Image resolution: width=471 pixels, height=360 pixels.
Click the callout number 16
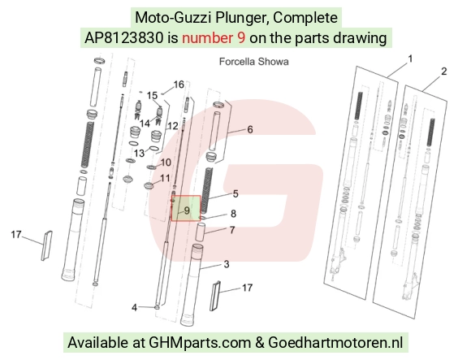click(x=179, y=85)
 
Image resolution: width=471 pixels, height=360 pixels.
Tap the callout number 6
click(x=250, y=129)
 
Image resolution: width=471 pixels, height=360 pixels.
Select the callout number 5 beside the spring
click(x=235, y=194)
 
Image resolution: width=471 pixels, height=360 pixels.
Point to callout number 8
click(x=233, y=214)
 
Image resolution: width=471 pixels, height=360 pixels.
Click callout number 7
click(x=232, y=230)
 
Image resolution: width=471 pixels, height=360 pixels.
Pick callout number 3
click(x=227, y=264)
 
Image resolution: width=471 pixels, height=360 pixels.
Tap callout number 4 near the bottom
click(x=134, y=307)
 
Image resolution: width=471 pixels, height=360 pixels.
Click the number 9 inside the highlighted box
click(x=187, y=210)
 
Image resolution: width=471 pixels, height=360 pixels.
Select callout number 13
click(x=139, y=154)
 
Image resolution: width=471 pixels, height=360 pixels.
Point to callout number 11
click(x=165, y=178)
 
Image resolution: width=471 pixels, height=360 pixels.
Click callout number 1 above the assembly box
click(x=410, y=59)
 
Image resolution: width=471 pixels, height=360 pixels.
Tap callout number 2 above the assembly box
click(x=443, y=72)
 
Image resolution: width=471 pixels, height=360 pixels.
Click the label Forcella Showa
click(x=254, y=62)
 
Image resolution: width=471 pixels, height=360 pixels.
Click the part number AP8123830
click(x=124, y=38)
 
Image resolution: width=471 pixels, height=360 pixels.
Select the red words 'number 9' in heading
click(x=214, y=38)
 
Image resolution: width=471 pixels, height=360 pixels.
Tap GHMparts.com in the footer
click(x=200, y=342)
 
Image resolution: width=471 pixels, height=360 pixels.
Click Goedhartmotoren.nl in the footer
click(x=335, y=342)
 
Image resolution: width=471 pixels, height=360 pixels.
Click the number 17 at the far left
click(x=16, y=234)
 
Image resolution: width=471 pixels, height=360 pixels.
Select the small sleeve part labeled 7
click(x=200, y=232)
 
